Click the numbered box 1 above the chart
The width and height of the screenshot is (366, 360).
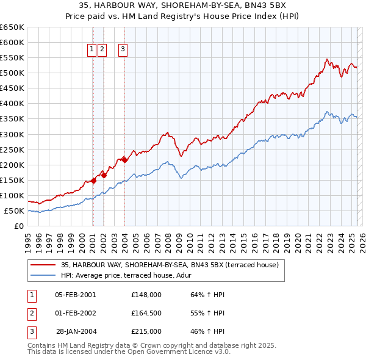pos(91,50)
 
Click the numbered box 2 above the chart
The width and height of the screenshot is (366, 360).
pos(102,50)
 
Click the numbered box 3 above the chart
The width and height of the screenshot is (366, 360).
pos(123,50)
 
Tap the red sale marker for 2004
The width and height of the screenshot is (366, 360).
pos(124,160)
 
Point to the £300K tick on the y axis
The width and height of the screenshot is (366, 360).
pos(12,134)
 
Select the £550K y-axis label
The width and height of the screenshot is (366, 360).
pos(12,58)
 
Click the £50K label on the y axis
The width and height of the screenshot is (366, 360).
pos(15,211)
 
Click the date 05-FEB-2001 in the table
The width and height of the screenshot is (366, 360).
pos(76,295)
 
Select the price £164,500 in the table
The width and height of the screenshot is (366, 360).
pos(146,313)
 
